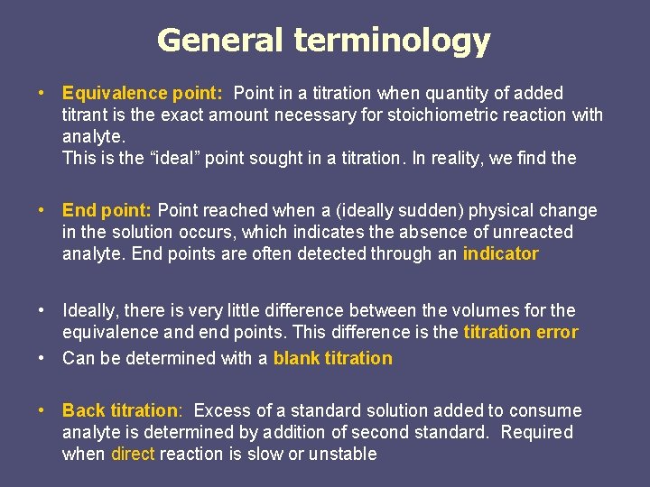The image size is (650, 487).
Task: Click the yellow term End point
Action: tap(106, 210)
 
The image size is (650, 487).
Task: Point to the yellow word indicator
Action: tap(500, 253)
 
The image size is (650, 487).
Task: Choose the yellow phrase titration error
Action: tap(520, 332)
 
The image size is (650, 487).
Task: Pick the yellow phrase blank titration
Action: tap(332, 358)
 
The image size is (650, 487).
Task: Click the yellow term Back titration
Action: tap(120, 410)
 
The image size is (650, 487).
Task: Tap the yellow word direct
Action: tap(133, 454)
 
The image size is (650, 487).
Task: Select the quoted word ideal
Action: tap(171, 158)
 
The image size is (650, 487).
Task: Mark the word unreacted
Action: tap(532, 232)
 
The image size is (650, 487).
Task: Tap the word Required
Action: tap(538, 432)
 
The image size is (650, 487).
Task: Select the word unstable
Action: tap(343, 454)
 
